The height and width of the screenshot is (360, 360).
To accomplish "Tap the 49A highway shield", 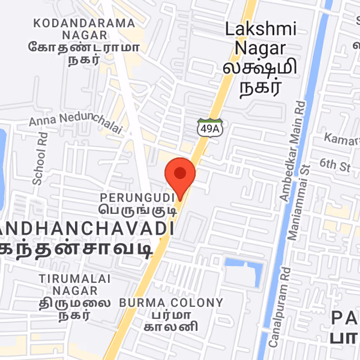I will (x=210, y=127).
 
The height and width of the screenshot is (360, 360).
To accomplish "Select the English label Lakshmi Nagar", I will (x=261, y=38).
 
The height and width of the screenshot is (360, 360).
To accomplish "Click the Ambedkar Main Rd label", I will (x=293, y=151).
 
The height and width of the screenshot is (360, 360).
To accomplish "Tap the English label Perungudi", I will (x=137, y=197).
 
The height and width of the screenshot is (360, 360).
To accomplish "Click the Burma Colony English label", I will (x=171, y=302).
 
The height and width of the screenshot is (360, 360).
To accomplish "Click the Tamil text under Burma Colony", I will (x=171, y=320).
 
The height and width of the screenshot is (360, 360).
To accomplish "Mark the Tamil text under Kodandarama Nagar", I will (x=85, y=53).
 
